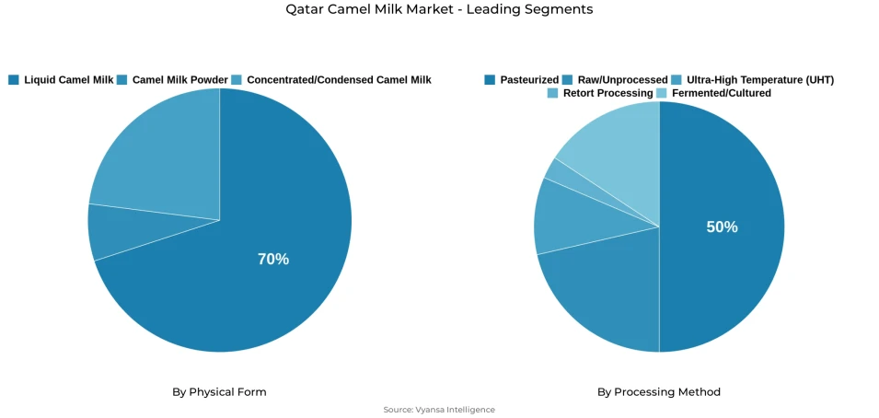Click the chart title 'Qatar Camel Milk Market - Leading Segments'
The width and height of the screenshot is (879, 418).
pos(439,9)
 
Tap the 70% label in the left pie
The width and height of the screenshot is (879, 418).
pos(272,260)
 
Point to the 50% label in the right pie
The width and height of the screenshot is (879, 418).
pos(722,227)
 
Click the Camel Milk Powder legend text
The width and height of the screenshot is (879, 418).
pos(179,80)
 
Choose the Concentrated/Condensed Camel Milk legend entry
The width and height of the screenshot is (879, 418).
pos(338,80)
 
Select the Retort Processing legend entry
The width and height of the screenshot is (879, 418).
pos(607,93)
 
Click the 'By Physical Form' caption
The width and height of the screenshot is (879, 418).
pos(219,392)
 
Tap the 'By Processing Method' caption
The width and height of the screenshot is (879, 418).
pos(659,392)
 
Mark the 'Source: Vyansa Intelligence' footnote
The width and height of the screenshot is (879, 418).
pos(439,410)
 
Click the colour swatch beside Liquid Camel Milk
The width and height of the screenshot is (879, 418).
pos(14,80)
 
